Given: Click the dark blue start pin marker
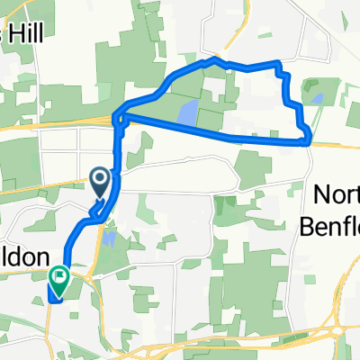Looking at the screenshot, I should point(100,184).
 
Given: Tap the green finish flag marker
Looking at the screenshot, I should point(60,280).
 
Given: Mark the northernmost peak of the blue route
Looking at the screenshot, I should point(213,60).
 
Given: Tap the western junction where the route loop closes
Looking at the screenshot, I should point(118,116).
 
